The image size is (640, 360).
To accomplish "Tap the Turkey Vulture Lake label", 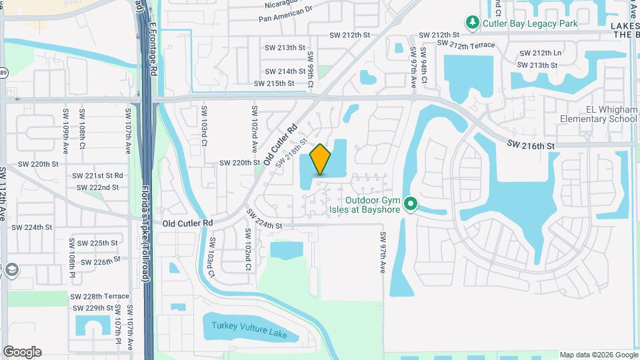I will coord(249,329).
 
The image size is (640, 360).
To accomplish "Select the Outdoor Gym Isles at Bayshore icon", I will coord(411,203).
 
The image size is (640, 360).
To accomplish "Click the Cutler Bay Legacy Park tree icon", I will coord(473,23).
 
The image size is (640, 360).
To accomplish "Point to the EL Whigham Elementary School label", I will coord(598,114).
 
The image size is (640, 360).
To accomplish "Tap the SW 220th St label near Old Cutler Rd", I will coord(240,163).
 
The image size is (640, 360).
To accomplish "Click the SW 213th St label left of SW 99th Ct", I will coord(285,48).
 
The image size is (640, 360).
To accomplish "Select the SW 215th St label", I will coord(274,83).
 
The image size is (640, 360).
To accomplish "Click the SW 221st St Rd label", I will coord(99,175).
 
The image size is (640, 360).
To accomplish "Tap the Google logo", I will coord(22,352).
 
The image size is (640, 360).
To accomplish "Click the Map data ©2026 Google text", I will coord(598,355).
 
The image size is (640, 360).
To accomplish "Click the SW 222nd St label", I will coord(97,187).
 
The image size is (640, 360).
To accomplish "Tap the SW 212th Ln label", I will coord(539,53).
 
